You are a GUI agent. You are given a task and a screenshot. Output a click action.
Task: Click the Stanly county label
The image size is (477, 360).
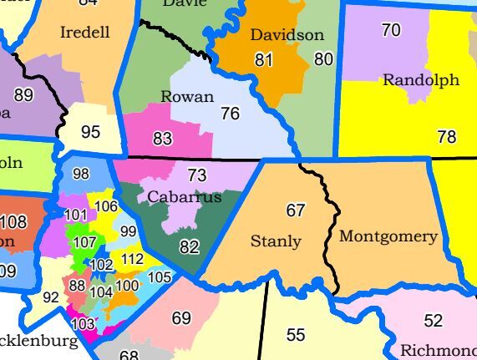(276, 241)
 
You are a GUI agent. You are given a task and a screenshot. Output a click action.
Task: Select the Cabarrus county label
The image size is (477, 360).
(185, 197)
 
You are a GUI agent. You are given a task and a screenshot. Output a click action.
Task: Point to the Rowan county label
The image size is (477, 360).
(187, 97)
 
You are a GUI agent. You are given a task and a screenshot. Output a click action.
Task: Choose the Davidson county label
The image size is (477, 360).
(287, 35)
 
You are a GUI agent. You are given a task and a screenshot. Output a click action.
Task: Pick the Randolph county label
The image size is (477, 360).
(421, 80)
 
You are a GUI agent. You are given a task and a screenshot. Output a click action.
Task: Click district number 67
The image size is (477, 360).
(296, 210)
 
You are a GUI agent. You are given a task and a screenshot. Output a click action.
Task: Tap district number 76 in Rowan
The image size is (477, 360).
(231, 114)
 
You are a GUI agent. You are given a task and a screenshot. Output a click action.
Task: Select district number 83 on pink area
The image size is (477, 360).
(163, 139)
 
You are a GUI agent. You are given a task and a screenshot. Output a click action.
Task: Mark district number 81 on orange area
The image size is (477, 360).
(264, 60)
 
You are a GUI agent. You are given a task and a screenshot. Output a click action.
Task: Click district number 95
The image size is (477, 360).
(90, 132)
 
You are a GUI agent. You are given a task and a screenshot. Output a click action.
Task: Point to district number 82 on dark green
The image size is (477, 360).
(190, 246)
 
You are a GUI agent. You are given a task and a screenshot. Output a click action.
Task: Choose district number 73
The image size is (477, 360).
(196, 175)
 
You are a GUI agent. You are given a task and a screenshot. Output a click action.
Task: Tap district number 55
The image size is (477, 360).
(296, 335)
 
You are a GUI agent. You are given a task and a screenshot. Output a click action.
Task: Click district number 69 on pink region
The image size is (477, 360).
(181, 318)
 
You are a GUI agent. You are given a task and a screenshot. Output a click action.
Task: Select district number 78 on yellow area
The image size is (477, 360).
(447, 137)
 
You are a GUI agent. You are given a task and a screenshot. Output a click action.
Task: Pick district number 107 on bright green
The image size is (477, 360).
(84, 243)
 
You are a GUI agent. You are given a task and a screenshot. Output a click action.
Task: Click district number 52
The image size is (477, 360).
(433, 321)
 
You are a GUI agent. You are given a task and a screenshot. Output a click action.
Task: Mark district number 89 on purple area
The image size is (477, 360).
(23, 95)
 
